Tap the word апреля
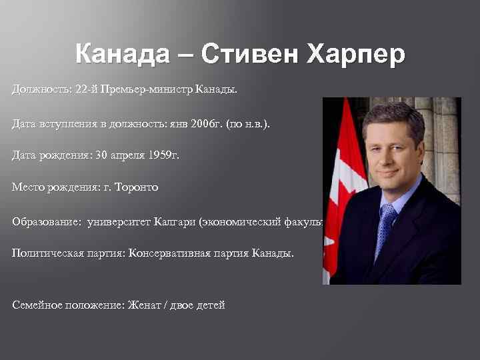pos(117,155)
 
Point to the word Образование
pos(44,221)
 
